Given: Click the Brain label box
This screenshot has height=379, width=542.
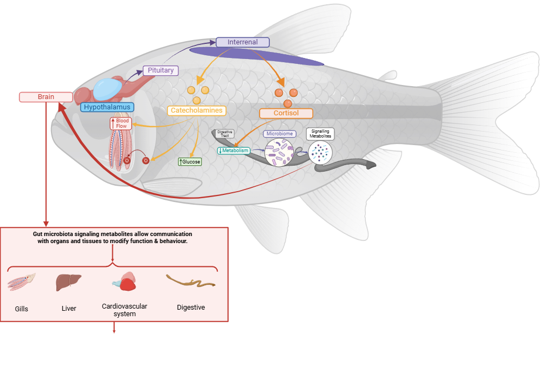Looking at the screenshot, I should pyautogui.click(x=46, y=97).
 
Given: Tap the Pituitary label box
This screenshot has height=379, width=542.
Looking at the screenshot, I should pyautogui.click(x=160, y=70).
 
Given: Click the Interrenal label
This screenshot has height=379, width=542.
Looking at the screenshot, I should pyautogui.click(x=242, y=42).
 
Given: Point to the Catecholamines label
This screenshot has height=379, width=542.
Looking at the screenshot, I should pyautogui.click(x=196, y=110).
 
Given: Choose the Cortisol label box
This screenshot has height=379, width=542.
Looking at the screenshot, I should pyautogui.click(x=286, y=113).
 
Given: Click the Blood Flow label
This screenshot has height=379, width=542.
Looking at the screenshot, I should pyautogui.click(x=120, y=123).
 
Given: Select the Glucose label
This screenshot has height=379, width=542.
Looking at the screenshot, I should pyautogui.click(x=190, y=161).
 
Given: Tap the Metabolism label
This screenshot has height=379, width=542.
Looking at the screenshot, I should pyautogui.click(x=234, y=151).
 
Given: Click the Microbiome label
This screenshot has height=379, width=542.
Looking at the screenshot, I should pyautogui.click(x=280, y=134).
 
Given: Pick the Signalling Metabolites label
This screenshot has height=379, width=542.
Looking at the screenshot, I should pyautogui.click(x=320, y=134).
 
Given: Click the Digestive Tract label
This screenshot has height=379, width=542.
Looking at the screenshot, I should pyautogui.click(x=225, y=134).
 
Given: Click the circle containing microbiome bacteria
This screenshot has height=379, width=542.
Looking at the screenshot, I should pyautogui.click(x=279, y=152).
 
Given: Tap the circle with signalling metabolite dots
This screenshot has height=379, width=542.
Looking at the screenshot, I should pyautogui.click(x=321, y=153).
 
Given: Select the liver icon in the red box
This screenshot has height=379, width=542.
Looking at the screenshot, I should pyautogui.click(x=68, y=282).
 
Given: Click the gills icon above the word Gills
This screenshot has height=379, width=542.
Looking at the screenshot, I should pyautogui.click(x=22, y=282).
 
